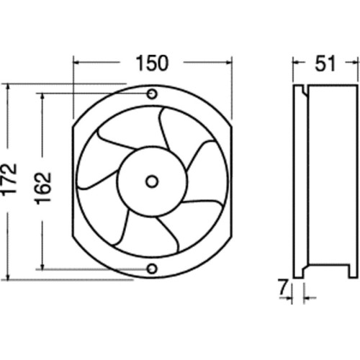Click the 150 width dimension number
pos(152,63)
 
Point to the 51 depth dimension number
pos(325,63)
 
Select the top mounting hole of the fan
pos(152,94)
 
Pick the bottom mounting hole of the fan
pos(152,269)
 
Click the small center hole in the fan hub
pos(152,180)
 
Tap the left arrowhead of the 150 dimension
pos(77,63)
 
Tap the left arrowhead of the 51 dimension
pos(296,63)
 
